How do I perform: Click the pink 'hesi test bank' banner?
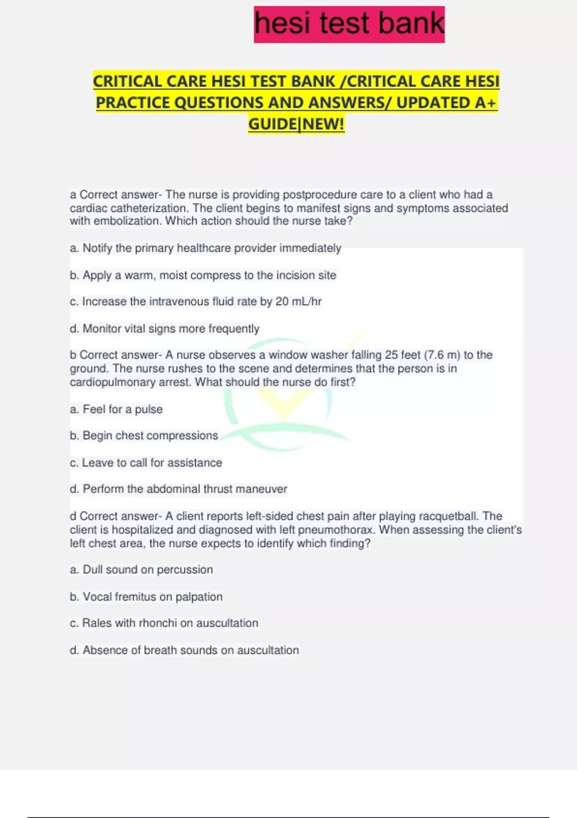(x=349, y=24)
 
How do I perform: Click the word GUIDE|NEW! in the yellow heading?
(x=296, y=124)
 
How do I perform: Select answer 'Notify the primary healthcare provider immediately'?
(x=205, y=248)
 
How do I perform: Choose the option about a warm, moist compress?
(x=203, y=275)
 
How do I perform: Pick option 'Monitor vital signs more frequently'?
(x=164, y=329)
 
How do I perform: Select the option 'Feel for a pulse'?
(x=116, y=409)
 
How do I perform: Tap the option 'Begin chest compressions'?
(x=144, y=435)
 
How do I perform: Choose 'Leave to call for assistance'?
(x=146, y=463)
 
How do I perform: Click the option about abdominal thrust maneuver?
(x=178, y=489)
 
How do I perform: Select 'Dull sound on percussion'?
(x=141, y=570)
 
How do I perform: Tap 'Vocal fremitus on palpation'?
(x=146, y=597)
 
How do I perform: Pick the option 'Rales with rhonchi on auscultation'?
(x=164, y=623)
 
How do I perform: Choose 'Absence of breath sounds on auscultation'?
(x=184, y=651)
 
